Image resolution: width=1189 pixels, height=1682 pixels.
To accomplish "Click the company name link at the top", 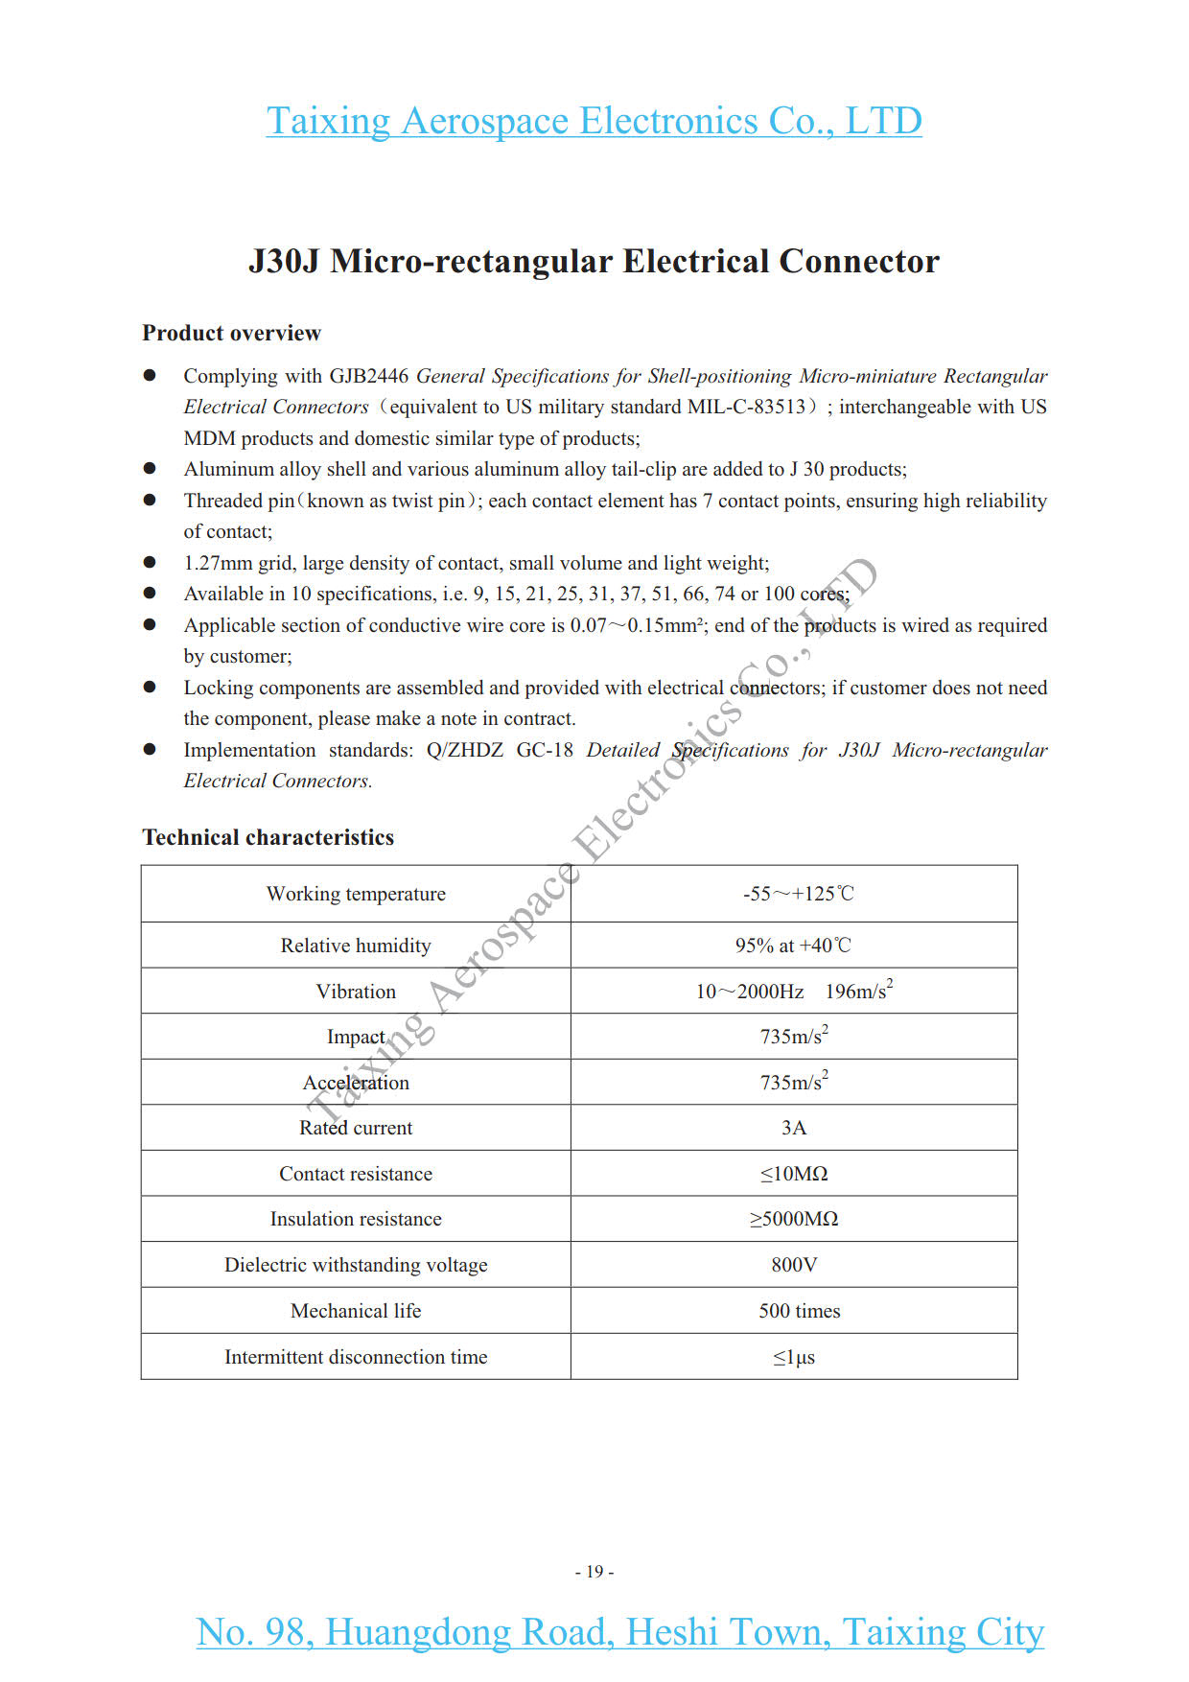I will point(594,121).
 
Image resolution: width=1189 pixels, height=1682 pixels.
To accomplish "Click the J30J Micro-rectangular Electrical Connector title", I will point(594,261).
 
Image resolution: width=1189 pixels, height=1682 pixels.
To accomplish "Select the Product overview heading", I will point(231,333).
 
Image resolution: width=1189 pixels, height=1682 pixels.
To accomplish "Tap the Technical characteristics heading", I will point(268,837).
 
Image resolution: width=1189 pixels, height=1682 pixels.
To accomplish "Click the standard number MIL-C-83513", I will point(746,407).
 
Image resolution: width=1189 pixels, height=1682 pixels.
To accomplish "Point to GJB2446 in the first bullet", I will point(369,376).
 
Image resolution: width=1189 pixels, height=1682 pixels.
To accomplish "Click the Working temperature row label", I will point(356,894).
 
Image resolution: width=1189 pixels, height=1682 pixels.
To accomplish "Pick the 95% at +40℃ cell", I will point(793,946).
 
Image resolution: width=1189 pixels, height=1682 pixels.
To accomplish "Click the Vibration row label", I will point(356,992).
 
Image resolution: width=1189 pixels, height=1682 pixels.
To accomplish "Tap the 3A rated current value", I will point(794,1128).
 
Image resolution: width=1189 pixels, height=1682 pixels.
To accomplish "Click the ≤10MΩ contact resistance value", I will point(794,1174).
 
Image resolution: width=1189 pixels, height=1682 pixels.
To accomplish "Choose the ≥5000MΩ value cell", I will point(794,1219).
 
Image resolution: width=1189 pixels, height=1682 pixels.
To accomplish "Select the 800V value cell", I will point(794,1265).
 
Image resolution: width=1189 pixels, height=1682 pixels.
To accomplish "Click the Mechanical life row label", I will point(356,1311).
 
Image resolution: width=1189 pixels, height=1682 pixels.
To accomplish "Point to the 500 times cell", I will point(799,1311).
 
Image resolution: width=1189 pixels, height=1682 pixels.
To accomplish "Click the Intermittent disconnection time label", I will point(356,1357).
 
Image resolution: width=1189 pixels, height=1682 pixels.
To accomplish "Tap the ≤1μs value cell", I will point(794,1357).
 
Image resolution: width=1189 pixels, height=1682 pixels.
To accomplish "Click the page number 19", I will point(594,1572).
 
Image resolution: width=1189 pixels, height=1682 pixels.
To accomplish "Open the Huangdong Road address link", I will point(619,1632).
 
